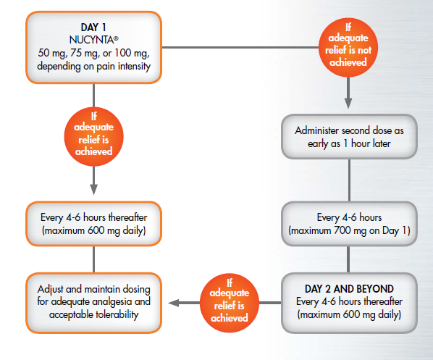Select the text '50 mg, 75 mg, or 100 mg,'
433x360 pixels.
[x=93, y=53]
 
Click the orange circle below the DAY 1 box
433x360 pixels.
[x=93, y=137]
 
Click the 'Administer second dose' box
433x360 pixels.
[x=350, y=137]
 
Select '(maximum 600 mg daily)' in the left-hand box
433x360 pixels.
[x=93, y=230]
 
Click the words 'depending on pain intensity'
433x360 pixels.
[x=93, y=67]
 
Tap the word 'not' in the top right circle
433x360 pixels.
[x=362, y=51]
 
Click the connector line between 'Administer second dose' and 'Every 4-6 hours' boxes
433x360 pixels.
[x=350, y=180]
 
